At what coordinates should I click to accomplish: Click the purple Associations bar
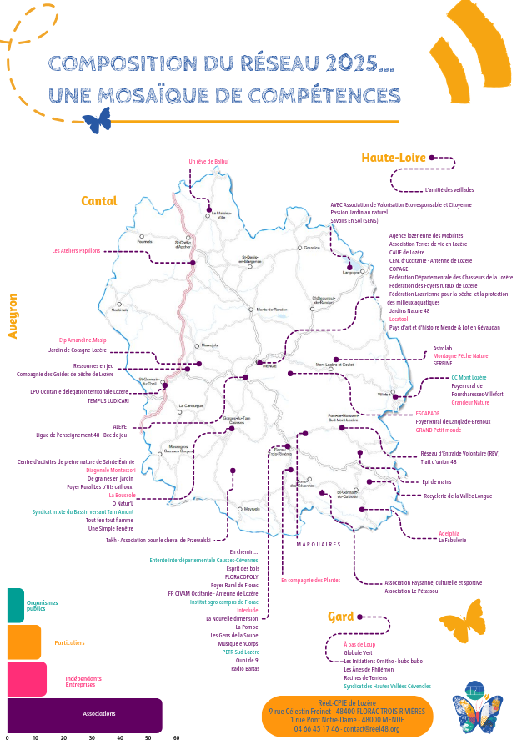[x=83, y=715]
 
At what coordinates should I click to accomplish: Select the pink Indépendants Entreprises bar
[x=26, y=679]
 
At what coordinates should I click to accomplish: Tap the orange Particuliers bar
[x=23, y=642]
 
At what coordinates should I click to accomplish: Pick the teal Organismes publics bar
[x=15, y=606]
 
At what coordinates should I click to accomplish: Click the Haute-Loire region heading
[x=394, y=158]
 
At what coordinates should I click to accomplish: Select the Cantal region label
[x=98, y=201]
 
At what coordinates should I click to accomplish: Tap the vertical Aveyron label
[x=13, y=315]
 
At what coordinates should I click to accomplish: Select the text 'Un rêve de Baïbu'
[x=208, y=161]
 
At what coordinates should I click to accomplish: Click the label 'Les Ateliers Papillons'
[x=76, y=250]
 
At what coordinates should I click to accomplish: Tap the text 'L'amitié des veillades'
[x=449, y=189]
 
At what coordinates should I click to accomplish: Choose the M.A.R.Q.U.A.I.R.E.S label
[x=319, y=544]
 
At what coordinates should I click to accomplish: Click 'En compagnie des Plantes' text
[x=310, y=580]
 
